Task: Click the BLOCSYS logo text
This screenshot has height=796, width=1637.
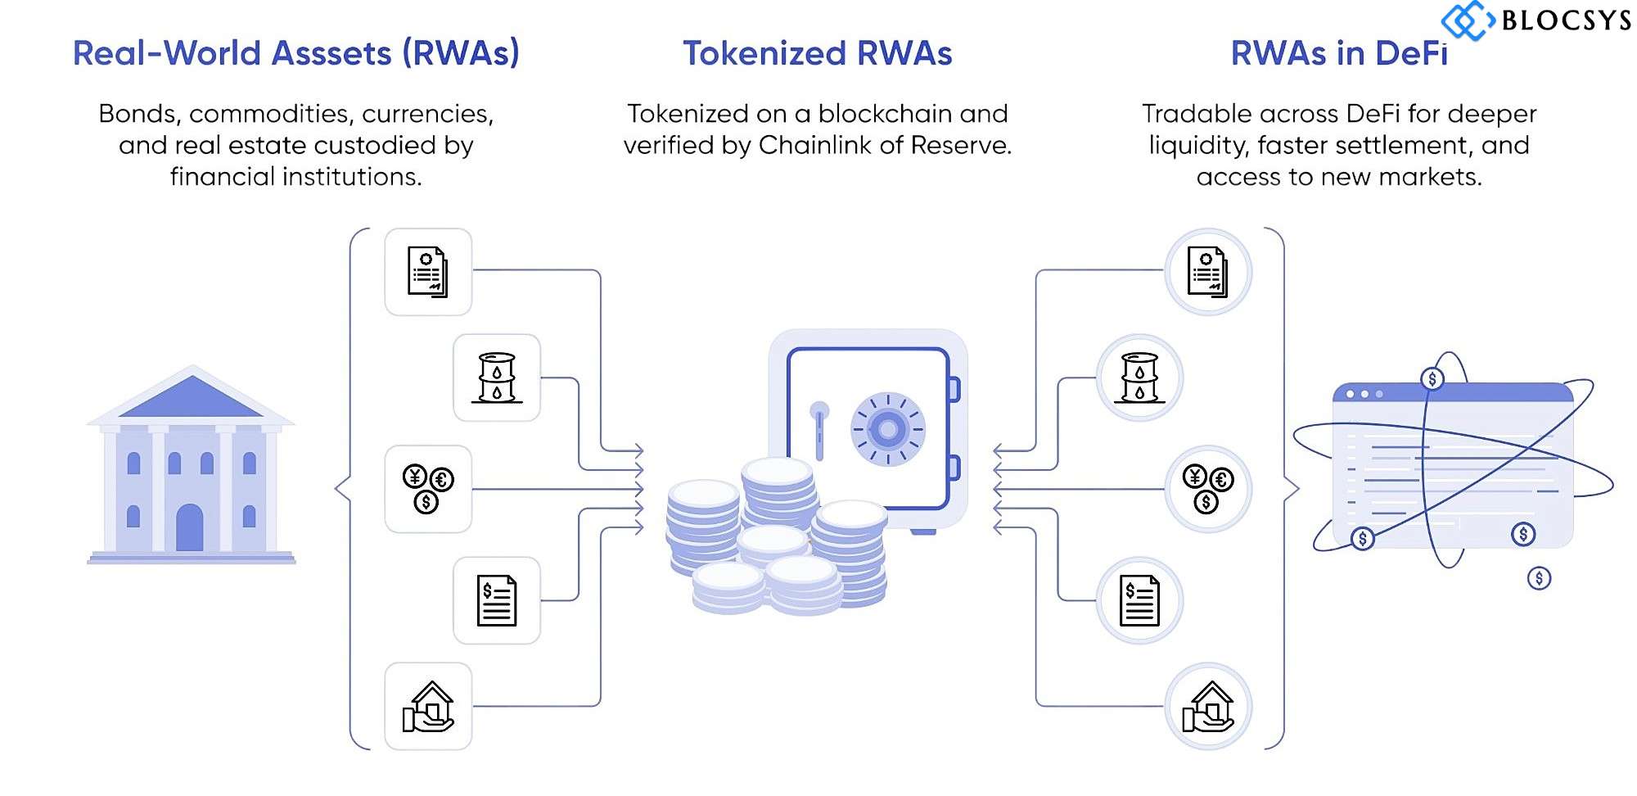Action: [1566, 20]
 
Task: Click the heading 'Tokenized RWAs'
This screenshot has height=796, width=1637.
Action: [818, 53]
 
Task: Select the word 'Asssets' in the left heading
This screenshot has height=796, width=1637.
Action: [331, 53]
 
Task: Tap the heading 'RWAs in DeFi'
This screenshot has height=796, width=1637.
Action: [1339, 53]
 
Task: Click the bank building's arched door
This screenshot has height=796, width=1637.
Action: [190, 527]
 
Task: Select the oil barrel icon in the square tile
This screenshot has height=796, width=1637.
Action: [497, 378]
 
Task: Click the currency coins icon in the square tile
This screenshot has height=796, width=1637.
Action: [428, 489]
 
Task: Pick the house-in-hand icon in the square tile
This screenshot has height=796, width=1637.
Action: [428, 706]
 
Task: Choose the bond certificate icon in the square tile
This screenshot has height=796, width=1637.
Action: [428, 272]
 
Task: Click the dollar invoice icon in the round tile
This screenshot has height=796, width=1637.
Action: [1139, 600]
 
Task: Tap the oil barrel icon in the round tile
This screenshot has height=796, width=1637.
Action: [1139, 378]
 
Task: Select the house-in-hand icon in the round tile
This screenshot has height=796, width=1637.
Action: [1208, 706]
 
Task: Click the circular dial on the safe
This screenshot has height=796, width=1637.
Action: [888, 428]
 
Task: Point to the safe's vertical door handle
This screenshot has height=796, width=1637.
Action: [819, 429]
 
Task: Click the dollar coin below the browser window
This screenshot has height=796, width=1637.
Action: [1539, 578]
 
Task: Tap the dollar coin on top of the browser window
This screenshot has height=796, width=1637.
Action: [1432, 379]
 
